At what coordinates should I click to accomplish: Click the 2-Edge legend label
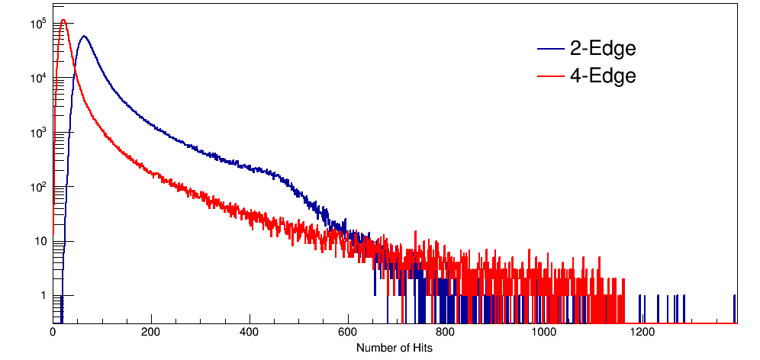click(603, 50)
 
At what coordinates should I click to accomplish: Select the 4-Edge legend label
click(603, 76)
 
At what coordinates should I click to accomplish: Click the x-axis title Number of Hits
click(394, 348)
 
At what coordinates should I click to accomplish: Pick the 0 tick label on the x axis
click(53, 333)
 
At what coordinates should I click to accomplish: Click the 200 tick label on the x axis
click(151, 333)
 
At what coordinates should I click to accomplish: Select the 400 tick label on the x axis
click(250, 333)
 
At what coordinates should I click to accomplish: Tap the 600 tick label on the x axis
click(348, 333)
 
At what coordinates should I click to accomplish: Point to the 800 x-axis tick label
click(446, 333)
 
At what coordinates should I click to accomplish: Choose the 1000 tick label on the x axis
click(544, 333)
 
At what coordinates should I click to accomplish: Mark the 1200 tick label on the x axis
click(642, 333)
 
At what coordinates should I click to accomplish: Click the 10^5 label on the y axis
click(39, 24)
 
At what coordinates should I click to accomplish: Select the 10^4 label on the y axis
click(39, 78)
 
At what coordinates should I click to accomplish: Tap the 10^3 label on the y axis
click(39, 133)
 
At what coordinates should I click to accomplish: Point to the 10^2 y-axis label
click(39, 187)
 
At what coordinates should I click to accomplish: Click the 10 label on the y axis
click(41, 241)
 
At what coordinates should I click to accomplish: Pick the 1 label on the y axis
click(44, 295)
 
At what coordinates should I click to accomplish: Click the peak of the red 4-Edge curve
click(63, 21)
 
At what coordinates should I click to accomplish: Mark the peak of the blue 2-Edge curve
click(84, 36)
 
